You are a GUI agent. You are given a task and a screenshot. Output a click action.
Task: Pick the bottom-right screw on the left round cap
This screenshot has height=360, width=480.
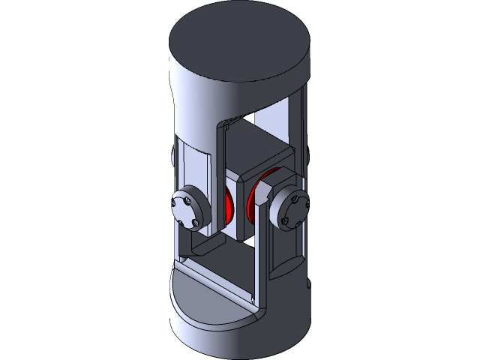[196, 222]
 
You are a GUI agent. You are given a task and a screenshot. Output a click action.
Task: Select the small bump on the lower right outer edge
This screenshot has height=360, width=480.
[308, 284]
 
